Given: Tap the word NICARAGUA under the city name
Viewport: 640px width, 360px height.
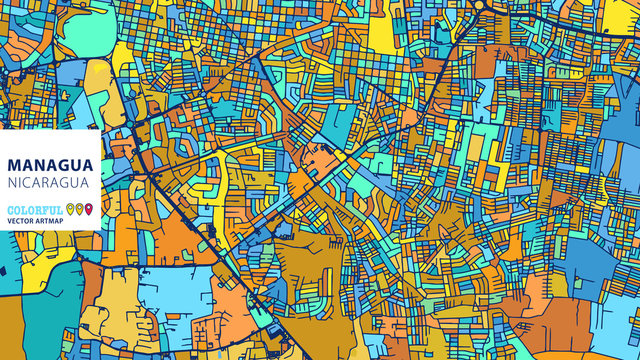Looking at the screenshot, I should click(48, 183).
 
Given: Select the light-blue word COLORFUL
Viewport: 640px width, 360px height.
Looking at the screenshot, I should click(33, 209).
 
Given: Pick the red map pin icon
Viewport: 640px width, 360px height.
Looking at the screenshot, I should click(88, 209).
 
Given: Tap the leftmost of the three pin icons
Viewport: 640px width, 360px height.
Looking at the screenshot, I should click(69, 209).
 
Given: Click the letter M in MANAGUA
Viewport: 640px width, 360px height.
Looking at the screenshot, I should click(12, 164).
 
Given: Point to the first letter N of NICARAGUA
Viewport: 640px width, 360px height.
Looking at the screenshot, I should click(10, 183).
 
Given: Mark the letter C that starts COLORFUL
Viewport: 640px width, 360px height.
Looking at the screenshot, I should click(9, 209).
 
